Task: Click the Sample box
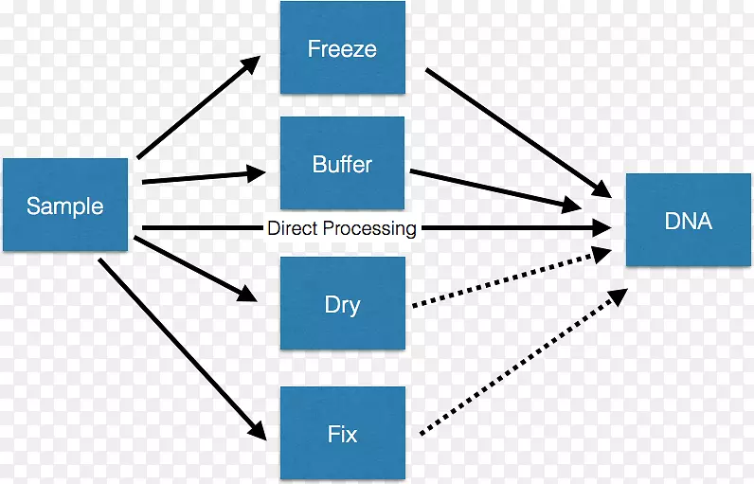pos(64,206)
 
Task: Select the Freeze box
pos(342,47)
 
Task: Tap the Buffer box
pos(342,164)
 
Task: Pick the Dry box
pos(342,305)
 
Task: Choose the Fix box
pos(342,434)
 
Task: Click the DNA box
pos(689,221)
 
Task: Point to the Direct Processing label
pos(341,228)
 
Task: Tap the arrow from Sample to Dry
pos(194,269)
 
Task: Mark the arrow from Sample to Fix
pos(180,347)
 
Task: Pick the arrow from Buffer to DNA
pos(493,189)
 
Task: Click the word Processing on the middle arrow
pos(369,228)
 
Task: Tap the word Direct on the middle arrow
pos(293,228)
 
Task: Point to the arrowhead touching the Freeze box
pos(250,65)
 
